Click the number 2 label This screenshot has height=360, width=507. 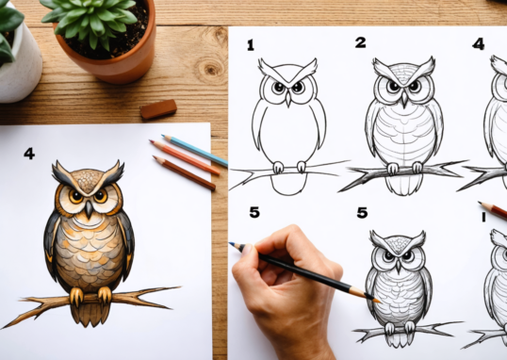pos(360,42)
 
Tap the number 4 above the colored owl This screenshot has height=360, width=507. pos(29,153)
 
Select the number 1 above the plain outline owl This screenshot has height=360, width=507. pos(251,44)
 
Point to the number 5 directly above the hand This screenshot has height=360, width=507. pos(254,213)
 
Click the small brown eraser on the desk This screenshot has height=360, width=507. pos(158,109)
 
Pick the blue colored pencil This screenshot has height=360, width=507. pos(195,152)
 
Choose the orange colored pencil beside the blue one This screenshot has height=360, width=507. pos(186,157)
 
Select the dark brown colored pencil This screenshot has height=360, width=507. pos(184,173)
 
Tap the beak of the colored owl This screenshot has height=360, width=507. pos(87,209)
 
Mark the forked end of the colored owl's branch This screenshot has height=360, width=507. pos(160,294)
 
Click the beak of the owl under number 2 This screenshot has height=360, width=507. pos(403,97)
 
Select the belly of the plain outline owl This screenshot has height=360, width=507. pos(288,127)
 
